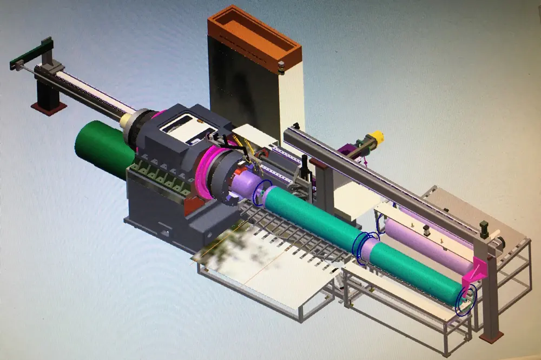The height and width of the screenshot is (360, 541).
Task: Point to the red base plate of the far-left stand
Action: (x=48, y=108)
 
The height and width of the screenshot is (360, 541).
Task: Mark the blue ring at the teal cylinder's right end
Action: (x=466, y=300)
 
